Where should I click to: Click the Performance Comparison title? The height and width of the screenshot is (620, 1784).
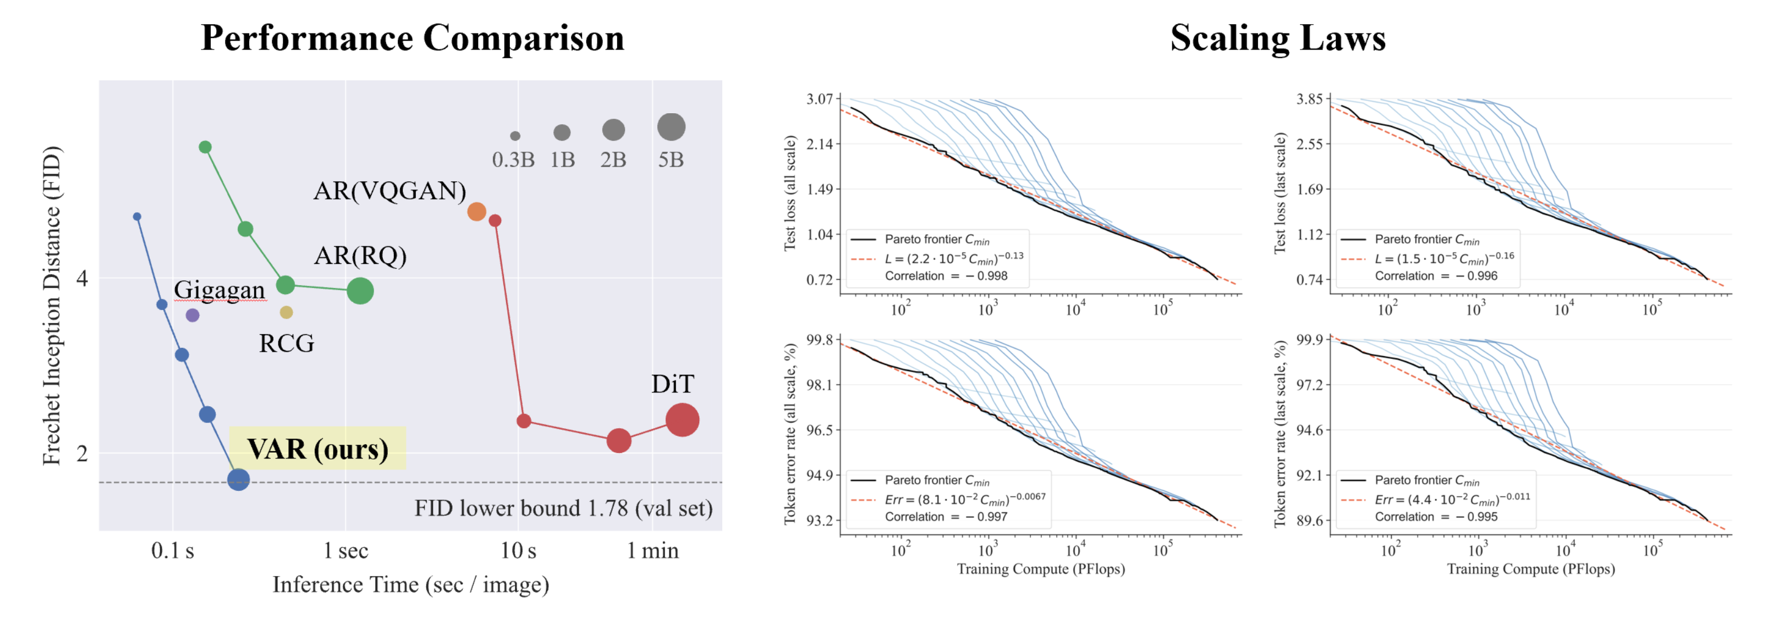coord(413,38)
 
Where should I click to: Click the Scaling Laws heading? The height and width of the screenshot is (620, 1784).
coord(1278,38)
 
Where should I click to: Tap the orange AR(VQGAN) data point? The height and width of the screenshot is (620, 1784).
coord(476,212)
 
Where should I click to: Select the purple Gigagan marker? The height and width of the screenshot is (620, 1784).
coord(193,315)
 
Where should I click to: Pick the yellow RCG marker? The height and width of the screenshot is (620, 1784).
coord(286,313)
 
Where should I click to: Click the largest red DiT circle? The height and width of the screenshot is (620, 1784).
coord(682,420)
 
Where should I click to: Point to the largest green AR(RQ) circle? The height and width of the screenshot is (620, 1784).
coord(360,291)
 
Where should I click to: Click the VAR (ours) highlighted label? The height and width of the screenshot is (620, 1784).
coord(318,449)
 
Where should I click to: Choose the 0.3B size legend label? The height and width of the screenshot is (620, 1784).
coord(513,160)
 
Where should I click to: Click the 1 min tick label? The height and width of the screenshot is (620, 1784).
coord(652,551)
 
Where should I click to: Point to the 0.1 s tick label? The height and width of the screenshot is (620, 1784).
coord(172,551)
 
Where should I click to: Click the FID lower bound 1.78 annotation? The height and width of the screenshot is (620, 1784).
coord(563,508)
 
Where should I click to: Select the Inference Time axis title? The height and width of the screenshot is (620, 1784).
coord(411,585)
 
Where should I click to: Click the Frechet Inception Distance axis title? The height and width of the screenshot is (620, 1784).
coord(52,305)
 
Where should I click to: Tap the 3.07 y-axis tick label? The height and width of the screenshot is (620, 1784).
coord(819,99)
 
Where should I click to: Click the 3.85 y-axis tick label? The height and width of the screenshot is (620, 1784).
coord(1309,99)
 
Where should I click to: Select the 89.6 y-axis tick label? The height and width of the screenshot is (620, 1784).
coord(1309,521)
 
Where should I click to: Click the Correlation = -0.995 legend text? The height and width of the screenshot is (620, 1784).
coord(1436,517)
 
